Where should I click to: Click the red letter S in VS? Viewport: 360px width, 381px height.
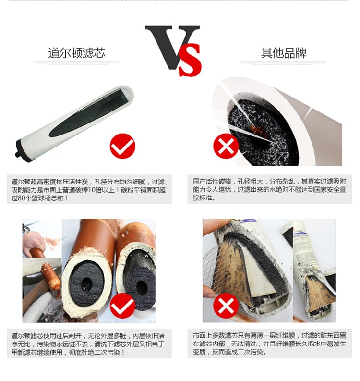point(190,60)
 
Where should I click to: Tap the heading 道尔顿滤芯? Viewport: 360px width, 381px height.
point(76,53)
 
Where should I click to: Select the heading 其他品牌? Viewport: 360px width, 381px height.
point(284,53)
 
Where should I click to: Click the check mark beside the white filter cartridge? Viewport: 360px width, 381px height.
point(122,146)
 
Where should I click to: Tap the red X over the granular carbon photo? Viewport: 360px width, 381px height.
point(226,146)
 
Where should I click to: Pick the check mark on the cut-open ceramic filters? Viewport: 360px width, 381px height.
point(122,306)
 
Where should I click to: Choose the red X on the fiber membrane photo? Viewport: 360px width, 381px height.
point(226,306)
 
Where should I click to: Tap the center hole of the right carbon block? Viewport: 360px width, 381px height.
point(142,287)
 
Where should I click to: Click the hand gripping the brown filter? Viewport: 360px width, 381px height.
point(34,241)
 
